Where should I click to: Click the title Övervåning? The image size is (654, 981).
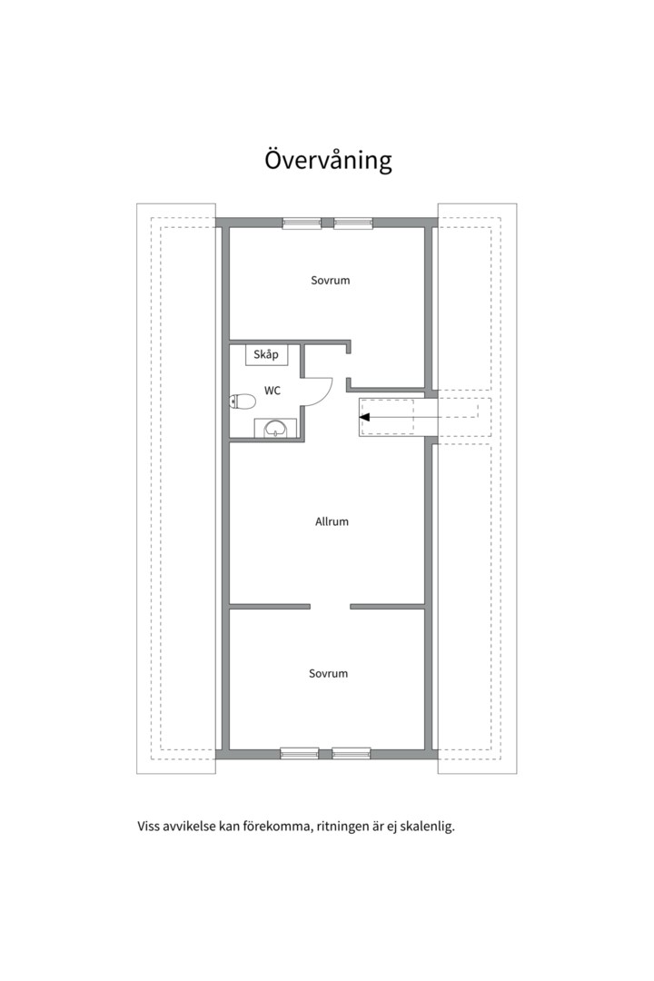(x=328, y=160)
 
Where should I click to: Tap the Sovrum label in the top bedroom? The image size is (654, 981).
(x=331, y=281)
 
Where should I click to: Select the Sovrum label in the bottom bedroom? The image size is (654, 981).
(x=328, y=674)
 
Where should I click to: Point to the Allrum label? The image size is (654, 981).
(x=332, y=521)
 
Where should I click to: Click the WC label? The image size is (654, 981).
(x=272, y=391)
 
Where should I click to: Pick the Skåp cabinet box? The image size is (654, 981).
(x=267, y=355)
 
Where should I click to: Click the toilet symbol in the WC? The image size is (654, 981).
(x=243, y=401)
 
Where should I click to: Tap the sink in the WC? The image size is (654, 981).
(x=274, y=428)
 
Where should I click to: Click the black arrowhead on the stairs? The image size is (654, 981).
(x=365, y=417)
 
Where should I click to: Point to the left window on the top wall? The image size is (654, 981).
(x=302, y=223)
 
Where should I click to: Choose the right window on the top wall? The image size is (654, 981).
(x=353, y=223)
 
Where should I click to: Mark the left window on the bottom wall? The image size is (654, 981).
(x=299, y=753)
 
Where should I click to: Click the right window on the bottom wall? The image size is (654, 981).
(x=352, y=753)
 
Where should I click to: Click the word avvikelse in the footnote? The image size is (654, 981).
(x=188, y=827)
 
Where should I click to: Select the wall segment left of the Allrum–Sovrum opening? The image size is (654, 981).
(x=270, y=606)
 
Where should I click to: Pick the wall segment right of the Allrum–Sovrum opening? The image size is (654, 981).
(x=387, y=606)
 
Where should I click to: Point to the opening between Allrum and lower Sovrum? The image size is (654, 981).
(x=331, y=606)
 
